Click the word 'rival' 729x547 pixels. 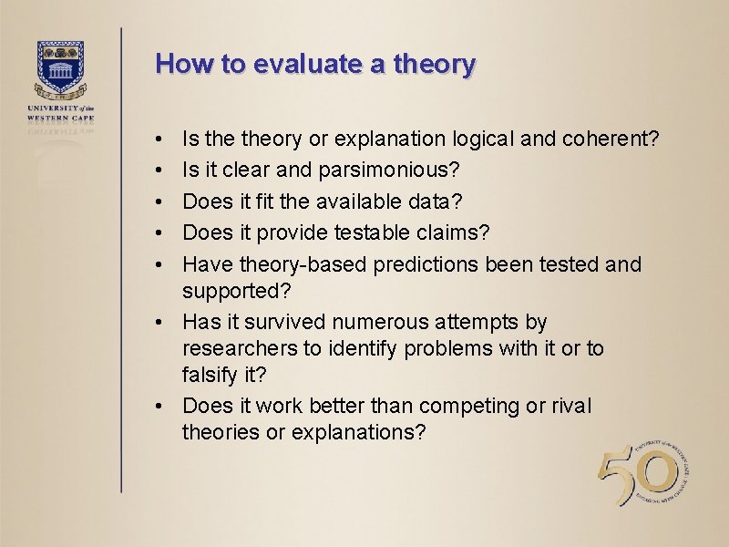[570, 406]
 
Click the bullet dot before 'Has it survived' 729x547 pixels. [159, 323]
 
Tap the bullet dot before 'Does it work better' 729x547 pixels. [159, 407]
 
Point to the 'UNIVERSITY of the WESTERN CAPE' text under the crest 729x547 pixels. [61, 113]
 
